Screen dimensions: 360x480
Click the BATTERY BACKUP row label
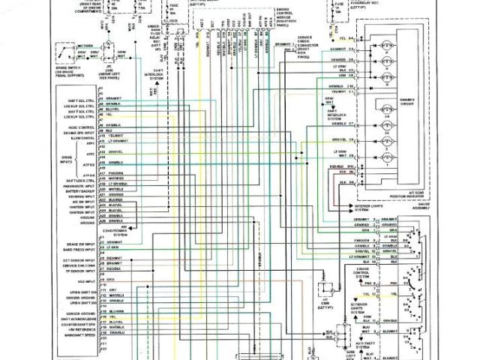pos(76,192)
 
